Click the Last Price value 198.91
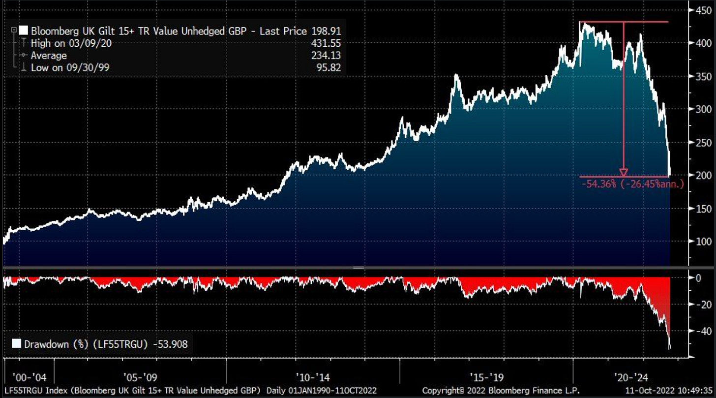(326, 31)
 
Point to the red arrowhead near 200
(623, 172)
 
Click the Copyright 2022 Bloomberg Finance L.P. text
(494, 391)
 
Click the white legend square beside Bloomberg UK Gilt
(24, 31)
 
